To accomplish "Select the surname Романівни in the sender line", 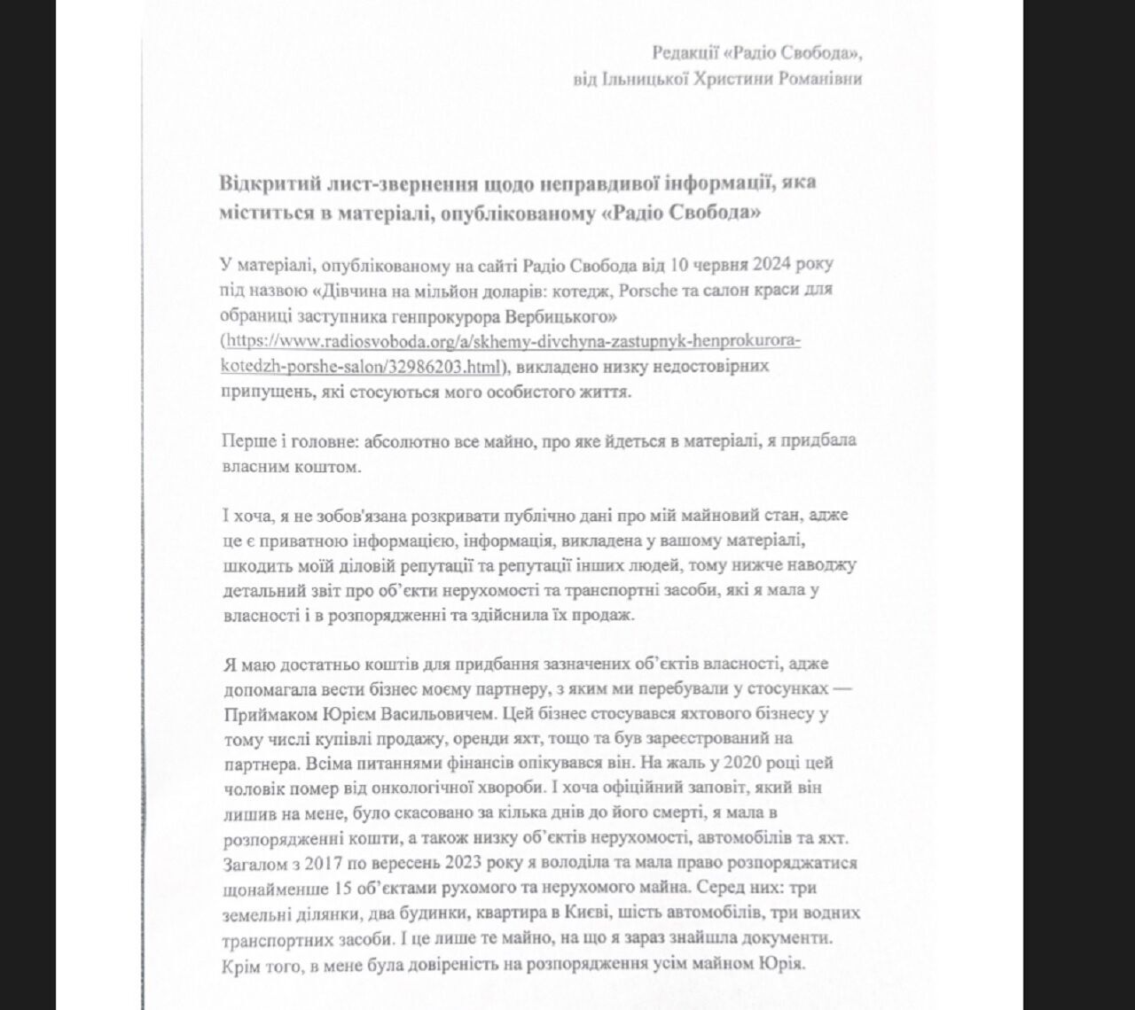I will click(816, 78).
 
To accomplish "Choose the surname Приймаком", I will click(262, 713).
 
